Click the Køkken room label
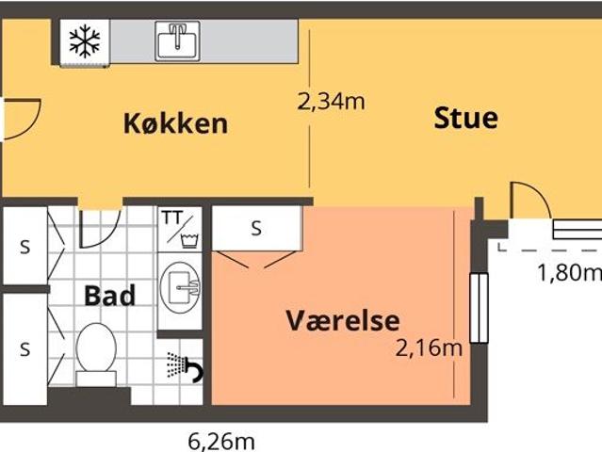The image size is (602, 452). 175,123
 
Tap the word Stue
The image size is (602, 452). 465,119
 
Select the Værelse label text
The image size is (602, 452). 343,320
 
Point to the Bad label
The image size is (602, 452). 109,295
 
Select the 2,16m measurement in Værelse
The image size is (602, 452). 429,348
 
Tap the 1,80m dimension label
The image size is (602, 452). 569,273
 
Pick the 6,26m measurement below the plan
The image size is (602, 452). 222,440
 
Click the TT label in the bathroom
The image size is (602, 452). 172,218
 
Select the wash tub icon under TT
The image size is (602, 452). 187,237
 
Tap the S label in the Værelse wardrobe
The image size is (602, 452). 256,228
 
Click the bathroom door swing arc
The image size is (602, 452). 99,226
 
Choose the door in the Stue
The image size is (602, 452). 530,201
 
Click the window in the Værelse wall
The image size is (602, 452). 479,308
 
